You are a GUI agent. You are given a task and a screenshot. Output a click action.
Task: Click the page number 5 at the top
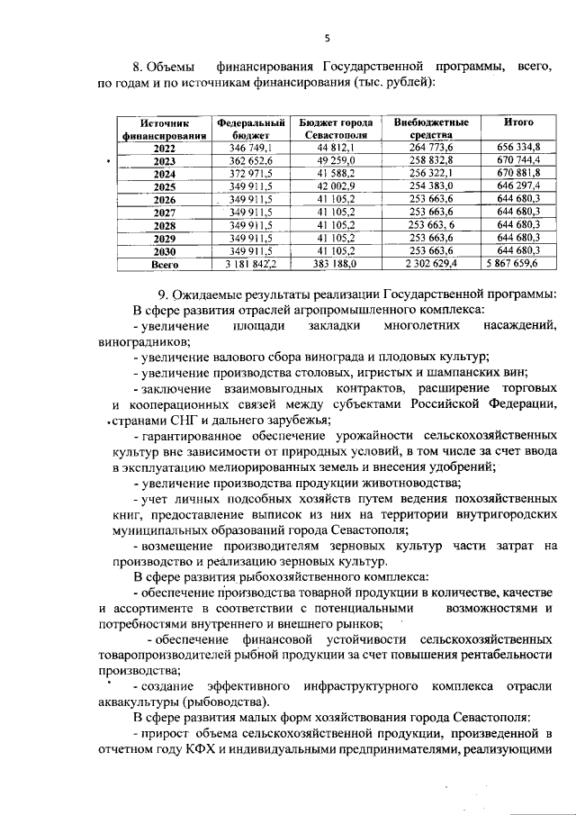point(328,37)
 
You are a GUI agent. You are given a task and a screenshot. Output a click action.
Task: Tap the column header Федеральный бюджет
point(251,128)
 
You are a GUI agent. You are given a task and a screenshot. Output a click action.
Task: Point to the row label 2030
point(165,251)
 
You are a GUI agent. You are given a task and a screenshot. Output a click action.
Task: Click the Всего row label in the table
point(165,265)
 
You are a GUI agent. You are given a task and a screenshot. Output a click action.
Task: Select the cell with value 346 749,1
point(251,147)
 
